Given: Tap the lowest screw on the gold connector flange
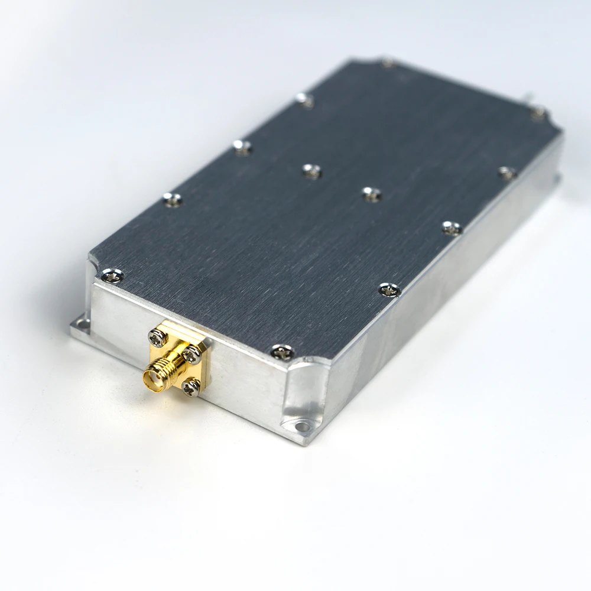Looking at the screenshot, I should point(190,387).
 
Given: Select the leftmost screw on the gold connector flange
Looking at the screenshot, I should point(158,337).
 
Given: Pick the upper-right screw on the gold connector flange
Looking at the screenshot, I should point(192,355).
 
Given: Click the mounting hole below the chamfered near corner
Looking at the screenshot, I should point(302,426).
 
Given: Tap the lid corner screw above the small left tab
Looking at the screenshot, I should point(112,275).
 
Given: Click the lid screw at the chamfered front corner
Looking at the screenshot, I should point(283,353).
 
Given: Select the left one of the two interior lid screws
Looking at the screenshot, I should point(311,171).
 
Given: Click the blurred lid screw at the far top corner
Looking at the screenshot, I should point(388,62).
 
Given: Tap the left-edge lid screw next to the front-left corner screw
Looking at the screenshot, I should point(173,200).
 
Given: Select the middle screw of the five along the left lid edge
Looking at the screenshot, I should point(242,147).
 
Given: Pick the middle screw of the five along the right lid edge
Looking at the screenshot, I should point(452,228).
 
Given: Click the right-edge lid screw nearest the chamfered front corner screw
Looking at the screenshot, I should point(389,290).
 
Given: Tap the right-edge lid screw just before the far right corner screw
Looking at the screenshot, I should point(507,173).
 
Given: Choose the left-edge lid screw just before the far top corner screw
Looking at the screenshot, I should point(305,100).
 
